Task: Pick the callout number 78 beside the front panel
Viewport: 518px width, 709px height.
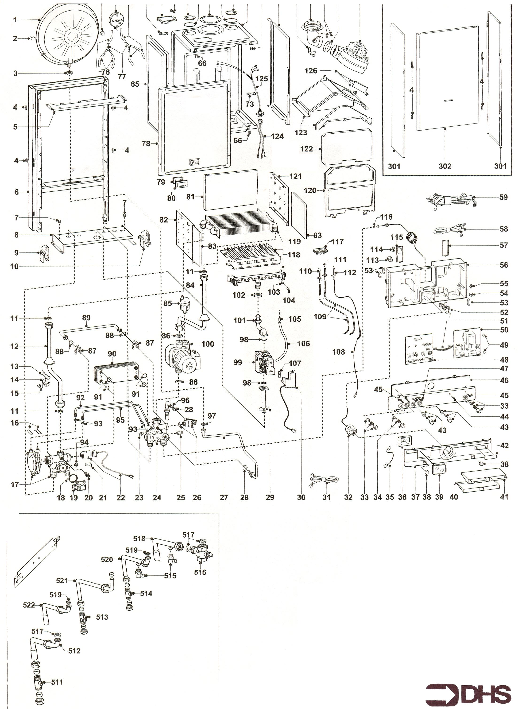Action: point(146,144)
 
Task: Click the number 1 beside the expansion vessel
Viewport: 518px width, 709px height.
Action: point(15,19)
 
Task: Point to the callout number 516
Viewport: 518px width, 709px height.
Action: point(200,573)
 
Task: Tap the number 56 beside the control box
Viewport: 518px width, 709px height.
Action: point(503,265)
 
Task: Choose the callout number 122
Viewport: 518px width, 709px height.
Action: point(306,149)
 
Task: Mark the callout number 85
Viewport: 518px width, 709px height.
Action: point(168,304)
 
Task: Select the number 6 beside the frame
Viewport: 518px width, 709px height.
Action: point(17,192)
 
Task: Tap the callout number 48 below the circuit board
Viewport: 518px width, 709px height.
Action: point(504,360)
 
